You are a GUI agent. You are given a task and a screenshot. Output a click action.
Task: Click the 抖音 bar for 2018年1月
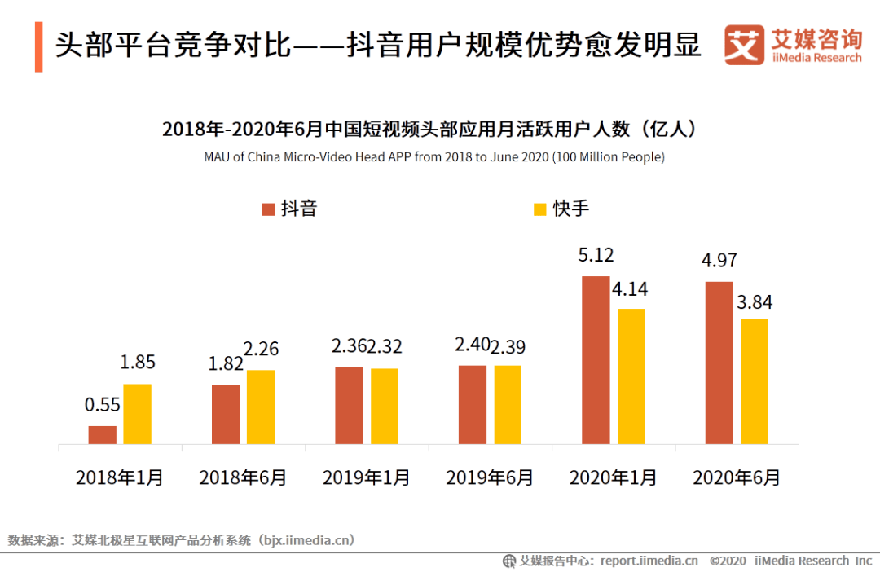click(x=103, y=435)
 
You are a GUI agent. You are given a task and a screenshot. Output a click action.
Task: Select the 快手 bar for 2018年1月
click(x=138, y=414)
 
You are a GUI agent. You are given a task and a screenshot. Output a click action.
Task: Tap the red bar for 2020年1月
click(x=596, y=360)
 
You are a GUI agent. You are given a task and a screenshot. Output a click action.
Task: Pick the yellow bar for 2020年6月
click(x=754, y=381)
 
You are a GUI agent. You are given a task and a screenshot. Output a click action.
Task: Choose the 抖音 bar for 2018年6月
click(x=226, y=415)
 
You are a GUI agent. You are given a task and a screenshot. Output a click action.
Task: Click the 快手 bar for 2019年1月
click(x=385, y=407)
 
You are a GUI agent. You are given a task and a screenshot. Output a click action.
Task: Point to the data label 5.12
click(x=596, y=256)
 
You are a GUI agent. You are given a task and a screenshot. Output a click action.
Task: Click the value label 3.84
click(x=754, y=302)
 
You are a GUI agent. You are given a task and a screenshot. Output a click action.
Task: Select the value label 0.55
click(x=103, y=405)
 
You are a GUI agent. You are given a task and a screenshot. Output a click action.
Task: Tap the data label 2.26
click(x=261, y=350)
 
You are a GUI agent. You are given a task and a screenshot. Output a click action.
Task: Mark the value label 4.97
click(x=719, y=262)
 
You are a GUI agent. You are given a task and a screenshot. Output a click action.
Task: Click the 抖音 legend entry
click(x=289, y=209)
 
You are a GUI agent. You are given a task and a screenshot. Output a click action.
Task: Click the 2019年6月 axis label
click(x=490, y=477)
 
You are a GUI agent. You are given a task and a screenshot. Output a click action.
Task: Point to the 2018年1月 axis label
click(x=120, y=477)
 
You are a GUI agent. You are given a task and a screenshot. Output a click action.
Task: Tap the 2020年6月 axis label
click(x=737, y=477)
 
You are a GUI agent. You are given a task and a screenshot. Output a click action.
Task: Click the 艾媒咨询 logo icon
click(x=745, y=45)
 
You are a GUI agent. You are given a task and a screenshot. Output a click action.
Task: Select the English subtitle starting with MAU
click(x=434, y=156)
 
